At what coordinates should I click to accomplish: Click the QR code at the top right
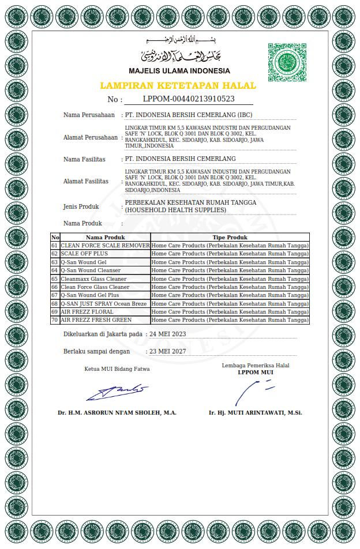pos(287,62)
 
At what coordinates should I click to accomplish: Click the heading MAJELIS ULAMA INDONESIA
pos(179,71)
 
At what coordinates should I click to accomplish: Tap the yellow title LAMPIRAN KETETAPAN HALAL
pos(178,85)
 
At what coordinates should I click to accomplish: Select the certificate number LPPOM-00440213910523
pos(188,99)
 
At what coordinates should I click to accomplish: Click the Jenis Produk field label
pos(81,206)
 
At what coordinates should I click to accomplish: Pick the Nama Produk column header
pos(106,237)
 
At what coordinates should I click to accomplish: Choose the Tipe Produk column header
pos(230,237)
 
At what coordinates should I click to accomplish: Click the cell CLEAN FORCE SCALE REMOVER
pos(106,246)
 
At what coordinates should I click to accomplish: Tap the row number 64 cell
pos(55,270)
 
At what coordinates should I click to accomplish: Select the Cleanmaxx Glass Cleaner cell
pos(93,279)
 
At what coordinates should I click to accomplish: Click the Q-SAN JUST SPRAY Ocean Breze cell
pos(104,303)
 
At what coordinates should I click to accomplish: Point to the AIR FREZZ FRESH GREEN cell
pos(96,319)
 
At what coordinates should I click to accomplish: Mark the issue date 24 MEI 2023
pos(167,334)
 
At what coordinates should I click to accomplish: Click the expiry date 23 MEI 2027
pos(167,351)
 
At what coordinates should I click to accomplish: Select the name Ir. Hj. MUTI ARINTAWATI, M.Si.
pos(256,413)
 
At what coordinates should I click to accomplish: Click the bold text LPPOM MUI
pos(256,372)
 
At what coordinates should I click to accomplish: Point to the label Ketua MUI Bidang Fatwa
pos(117,369)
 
